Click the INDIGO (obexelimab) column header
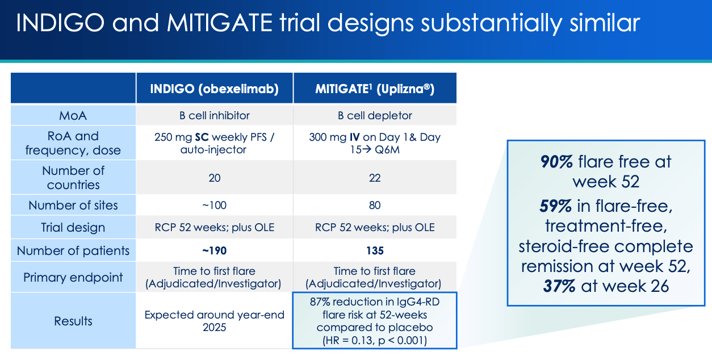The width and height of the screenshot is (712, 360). coord(214,89)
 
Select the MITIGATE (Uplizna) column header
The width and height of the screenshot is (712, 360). coord(375,89)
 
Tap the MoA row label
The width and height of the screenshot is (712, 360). coord(73,115)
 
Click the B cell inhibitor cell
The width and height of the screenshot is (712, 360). coord(214,115)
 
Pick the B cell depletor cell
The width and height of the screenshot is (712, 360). coord(375,115)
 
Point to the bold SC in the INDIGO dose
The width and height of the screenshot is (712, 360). coord(202,137)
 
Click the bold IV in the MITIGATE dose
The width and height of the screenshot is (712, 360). coord(355,137)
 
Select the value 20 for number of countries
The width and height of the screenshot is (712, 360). coord(214,178)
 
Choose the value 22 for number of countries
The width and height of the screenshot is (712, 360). coord(375,178)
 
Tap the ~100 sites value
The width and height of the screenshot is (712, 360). coord(214,205)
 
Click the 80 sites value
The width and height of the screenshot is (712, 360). coord(375,205)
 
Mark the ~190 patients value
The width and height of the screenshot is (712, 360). coord(214,251)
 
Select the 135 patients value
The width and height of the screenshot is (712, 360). coord(375,251)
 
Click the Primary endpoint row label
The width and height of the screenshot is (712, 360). coord(73,278)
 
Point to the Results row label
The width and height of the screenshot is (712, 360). coord(73,321)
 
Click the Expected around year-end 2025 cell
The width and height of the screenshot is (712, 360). coord(214,321)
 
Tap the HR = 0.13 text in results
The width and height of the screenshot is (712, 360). coord(348,340)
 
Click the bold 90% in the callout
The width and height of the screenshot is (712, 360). coord(556,162)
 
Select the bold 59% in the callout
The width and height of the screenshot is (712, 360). coord(555,206)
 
